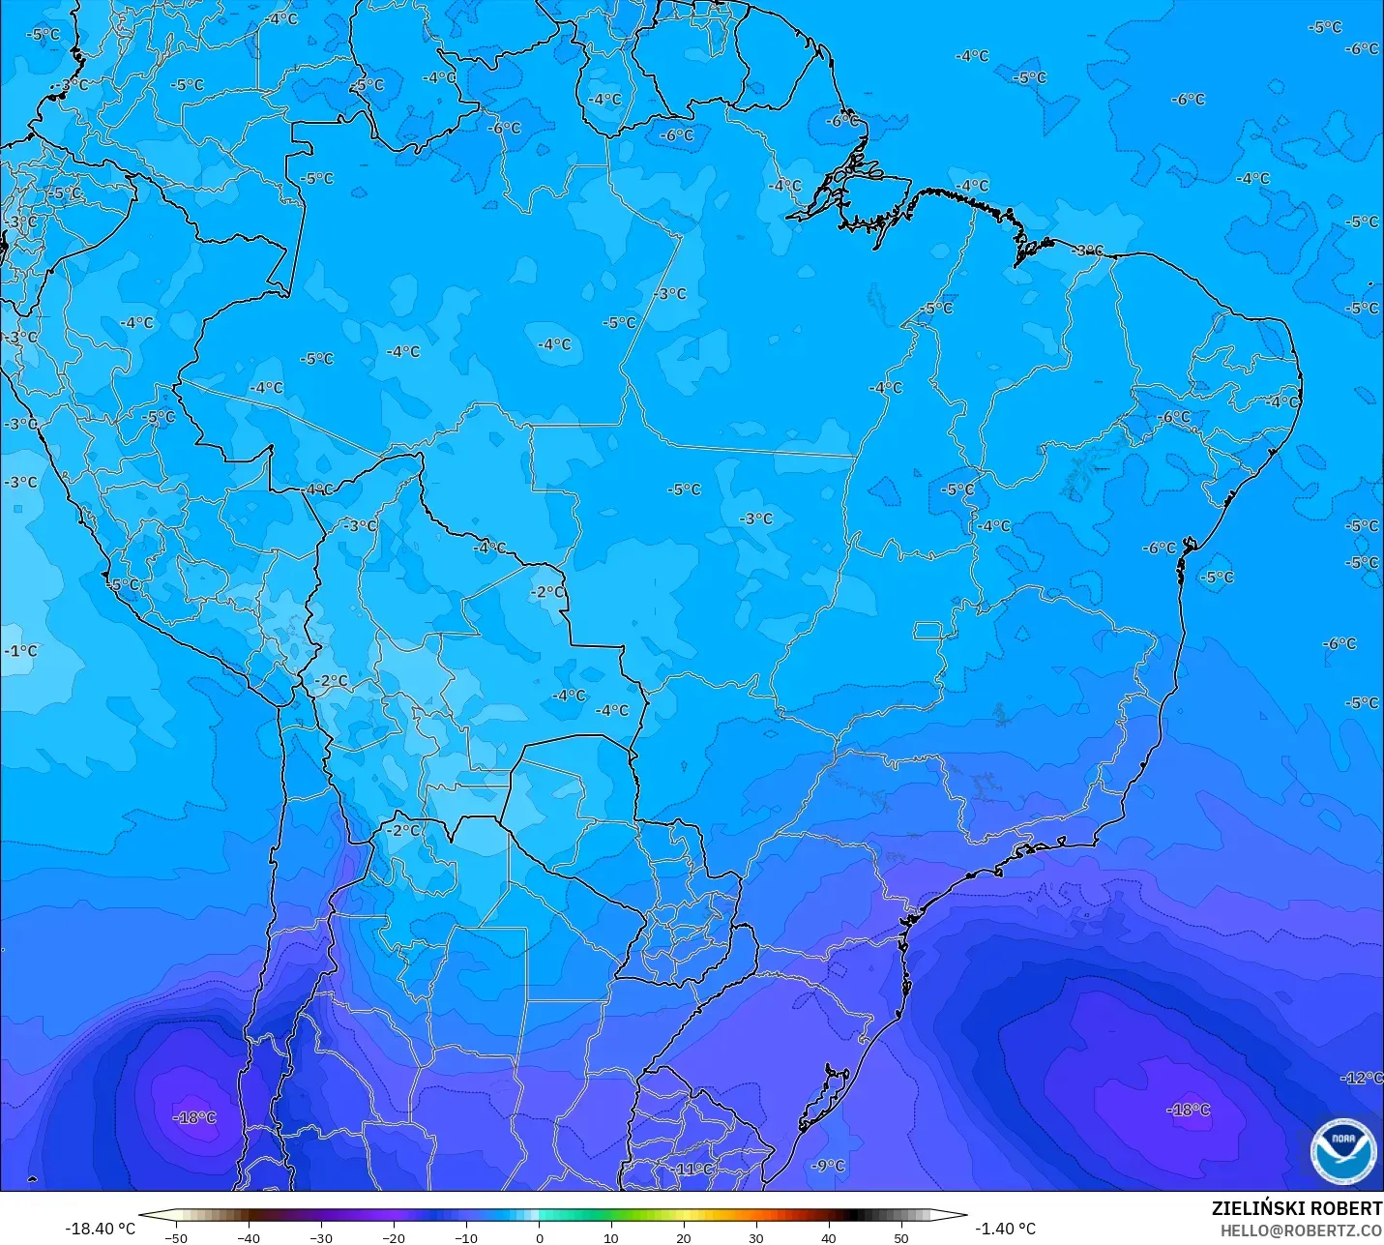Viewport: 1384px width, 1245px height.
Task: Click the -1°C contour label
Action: click(x=20, y=651)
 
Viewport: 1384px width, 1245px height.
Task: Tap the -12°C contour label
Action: click(x=1362, y=1078)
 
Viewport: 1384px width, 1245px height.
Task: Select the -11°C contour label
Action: click(x=693, y=1169)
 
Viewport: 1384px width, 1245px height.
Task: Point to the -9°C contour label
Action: click(x=828, y=1166)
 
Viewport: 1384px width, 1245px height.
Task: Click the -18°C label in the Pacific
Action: click(x=194, y=1117)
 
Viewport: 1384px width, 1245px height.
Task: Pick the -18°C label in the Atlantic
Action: click(x=1188, y=1110)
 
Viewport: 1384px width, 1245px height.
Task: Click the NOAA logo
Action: click(x=1342, y=1151)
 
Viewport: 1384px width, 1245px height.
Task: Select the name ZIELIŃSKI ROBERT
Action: click(x=1296, y=1209)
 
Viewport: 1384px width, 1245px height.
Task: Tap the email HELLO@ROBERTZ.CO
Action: click(x=1300, y=1230)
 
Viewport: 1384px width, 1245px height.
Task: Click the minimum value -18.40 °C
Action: click(x=100, y=1229)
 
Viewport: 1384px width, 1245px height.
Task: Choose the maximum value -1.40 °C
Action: click(x=1005, y=1229)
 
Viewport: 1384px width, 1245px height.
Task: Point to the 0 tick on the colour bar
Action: click(x=539, y=1237)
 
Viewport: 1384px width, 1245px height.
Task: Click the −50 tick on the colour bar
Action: click(x=176, y=1237)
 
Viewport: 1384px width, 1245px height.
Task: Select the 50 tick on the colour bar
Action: click(x=901, y=1237)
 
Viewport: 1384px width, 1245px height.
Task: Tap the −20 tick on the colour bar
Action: click(x=394, y=1237)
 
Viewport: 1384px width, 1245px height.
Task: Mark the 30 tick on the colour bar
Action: click(x=756, y=1237)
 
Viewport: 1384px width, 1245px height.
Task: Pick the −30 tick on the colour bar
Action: click(x=321, y=1237)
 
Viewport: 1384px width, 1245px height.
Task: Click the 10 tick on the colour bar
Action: click(x=611, y=1237)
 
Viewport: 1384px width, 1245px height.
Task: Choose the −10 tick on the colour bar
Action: click(x=466, y=1237)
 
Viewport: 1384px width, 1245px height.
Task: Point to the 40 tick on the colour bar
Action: click(x=829, y=1237)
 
